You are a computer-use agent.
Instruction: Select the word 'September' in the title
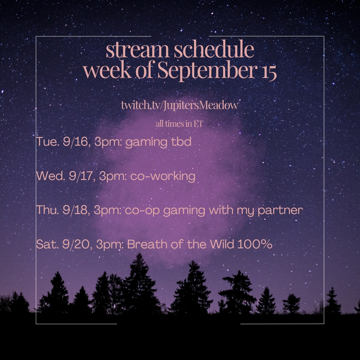207,70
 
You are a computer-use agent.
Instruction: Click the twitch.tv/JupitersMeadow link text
180,105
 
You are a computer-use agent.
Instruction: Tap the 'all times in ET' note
179,124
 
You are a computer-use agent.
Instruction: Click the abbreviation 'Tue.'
48,141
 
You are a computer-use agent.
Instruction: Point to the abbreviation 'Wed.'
50,176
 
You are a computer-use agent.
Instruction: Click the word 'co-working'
163,177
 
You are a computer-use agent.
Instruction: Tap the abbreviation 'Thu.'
47,210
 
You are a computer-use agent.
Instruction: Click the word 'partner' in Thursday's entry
280,211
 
